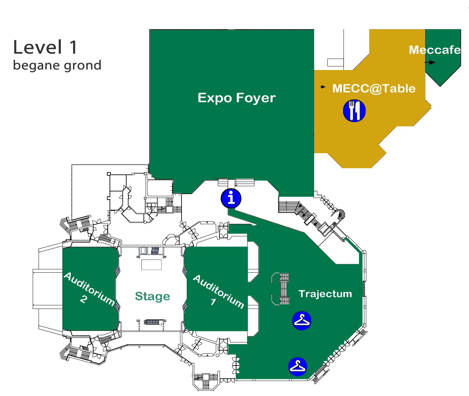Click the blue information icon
tap(231, 198)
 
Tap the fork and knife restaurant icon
tap(354, 111)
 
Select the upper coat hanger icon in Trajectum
tap(302, 320)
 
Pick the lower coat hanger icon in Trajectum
tap(298, 367)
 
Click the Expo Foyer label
tap(237, 98)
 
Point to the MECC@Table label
tap(374, 88)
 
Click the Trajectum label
tap(325, 294)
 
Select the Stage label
tap(152, 297)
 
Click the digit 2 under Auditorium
tap(84, 299)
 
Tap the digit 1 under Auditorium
tap(213, 302)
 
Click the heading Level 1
tap(45, 47)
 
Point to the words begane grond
tap(57, 65)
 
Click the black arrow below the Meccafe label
tap(430, 62)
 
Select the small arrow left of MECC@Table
tap(323, 87)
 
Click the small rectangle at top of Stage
tap(151, 264)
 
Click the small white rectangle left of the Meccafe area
tap(335, 63)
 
